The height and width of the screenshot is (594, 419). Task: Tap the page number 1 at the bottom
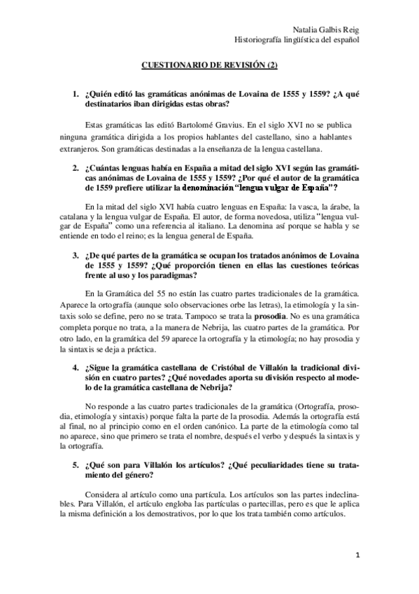[x=357, y=556]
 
